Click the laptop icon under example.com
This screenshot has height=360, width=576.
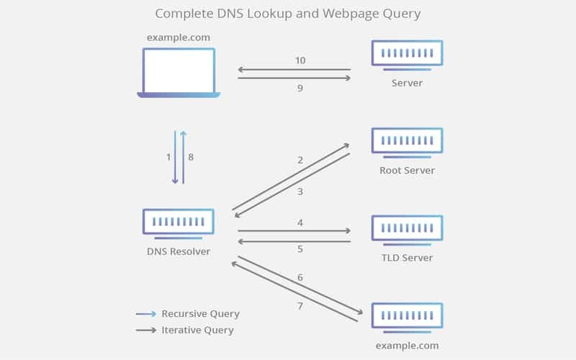(x=179, y=73)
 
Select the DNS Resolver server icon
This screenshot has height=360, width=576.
(x=179, y=223)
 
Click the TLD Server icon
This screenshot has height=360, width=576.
(x=407, y=228)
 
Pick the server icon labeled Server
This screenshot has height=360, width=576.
(x=407, y=54)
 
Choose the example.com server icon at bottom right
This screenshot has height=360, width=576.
(x=407, y=316)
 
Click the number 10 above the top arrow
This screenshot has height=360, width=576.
(x=300, y=60)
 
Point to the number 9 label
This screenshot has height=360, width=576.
(x=300, y=88)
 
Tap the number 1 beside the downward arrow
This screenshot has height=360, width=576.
(x=168, y=157)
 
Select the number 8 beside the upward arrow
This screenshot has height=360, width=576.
(x=190, y=157)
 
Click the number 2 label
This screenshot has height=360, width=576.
(x=300, y=160)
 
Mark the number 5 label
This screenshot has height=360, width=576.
(x=300, y=249)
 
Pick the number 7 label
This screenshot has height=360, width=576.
(x=300, y=306)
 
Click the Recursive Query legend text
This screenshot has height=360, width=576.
(x=200, y=314)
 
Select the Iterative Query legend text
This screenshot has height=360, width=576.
(x=197, y=330)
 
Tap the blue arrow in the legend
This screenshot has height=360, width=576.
(x=146, y=314)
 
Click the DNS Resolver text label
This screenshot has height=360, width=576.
(x=179, y=252)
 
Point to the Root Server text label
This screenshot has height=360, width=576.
(x=407, y=171)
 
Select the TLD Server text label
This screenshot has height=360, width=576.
(x=407, y=258)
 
